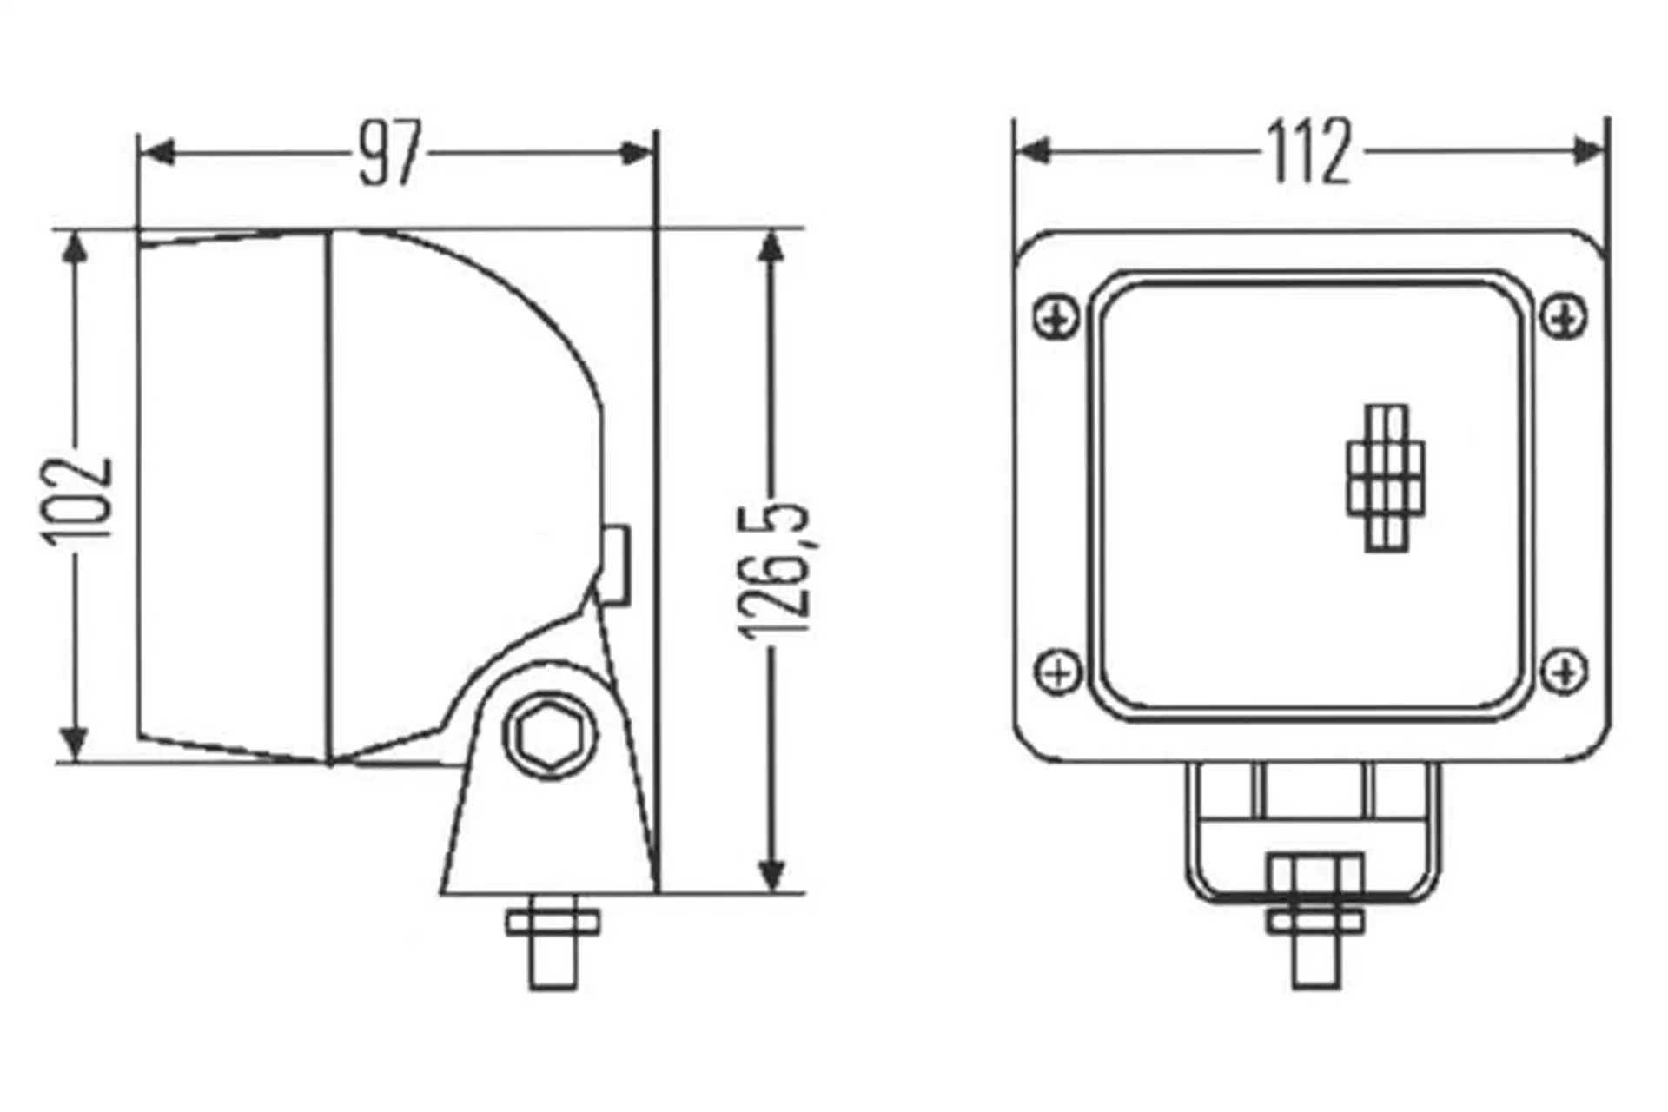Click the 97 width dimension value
[x=389, y=154]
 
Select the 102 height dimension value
[x=79, y=500]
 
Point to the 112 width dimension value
[x=1310, y=152]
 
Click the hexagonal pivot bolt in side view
[x=550, y=737]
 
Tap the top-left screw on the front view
[x=1057, y=317]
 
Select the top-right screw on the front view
[x=1565, y=316]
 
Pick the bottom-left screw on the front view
[x=1058, y=672]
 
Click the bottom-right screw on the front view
[x=1565, y=671]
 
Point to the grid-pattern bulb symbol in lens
[x=1387, y=478]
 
